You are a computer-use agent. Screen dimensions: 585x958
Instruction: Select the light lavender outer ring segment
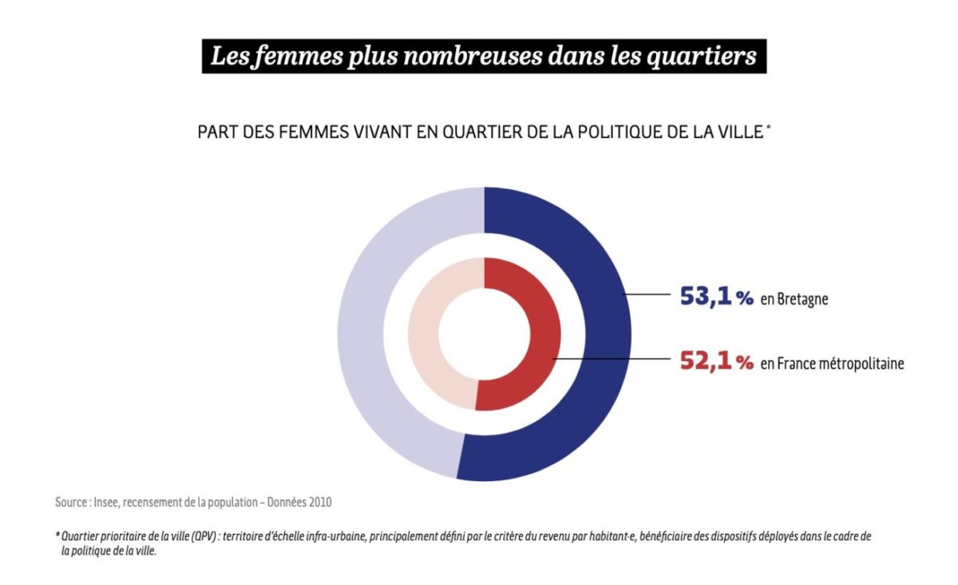coord(375,336)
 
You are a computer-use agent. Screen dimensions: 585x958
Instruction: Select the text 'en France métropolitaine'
coord(832,363)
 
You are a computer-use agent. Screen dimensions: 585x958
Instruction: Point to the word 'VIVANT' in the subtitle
coord(375,133)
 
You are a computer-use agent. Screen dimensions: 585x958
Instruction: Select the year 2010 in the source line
coord(318,503)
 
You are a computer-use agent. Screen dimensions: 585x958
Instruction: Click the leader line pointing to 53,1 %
coord(647,296)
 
